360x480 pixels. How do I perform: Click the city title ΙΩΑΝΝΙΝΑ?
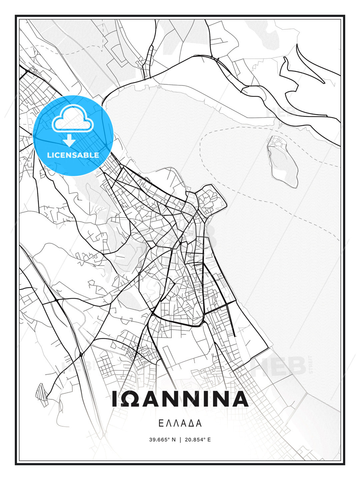[180, 399]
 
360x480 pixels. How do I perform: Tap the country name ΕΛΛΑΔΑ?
[180, 423]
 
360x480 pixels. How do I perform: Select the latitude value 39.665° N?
[162, 440]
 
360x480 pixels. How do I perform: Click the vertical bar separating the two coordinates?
[180, 440]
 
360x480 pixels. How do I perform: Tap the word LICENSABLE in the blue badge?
[73, 155]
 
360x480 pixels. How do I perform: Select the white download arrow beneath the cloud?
[69, 140]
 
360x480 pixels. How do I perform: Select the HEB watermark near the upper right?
[280, 112]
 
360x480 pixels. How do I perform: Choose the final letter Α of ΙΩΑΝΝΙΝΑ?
[239, 399]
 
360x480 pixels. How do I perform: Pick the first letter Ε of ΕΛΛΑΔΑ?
[161, 423]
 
